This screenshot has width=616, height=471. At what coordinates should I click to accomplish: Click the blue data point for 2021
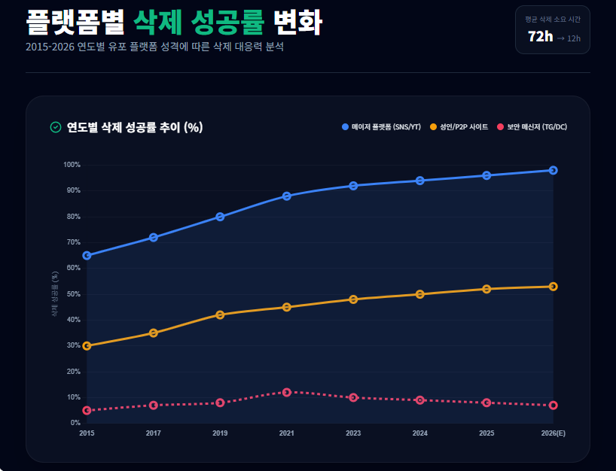click(287, 196)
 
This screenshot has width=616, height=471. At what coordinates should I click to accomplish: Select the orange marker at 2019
click(220, 315)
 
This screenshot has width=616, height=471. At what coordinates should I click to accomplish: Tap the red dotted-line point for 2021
click(287, 392)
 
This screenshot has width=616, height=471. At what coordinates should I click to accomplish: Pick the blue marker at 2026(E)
click(553, 170)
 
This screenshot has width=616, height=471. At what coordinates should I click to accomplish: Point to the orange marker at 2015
click(87, 346)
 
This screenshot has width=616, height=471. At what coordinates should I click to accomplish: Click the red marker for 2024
click(420, 400)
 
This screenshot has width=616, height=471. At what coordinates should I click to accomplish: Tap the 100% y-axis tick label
click(72, 165)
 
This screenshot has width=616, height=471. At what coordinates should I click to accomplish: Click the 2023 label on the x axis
click(353, 433)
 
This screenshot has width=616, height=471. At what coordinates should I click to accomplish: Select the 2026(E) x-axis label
click(553, 433)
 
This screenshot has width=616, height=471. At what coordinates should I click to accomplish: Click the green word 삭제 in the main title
click(158, 23)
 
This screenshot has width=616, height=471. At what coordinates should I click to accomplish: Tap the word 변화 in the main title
click(297, 23)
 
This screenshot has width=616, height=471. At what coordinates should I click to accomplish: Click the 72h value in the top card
click(540, 37)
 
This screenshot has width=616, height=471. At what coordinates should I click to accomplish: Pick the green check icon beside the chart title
click(55, 127)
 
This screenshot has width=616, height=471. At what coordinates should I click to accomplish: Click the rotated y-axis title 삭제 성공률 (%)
click(55, 294)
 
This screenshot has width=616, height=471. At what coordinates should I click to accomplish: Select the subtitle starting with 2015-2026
click(154, 47)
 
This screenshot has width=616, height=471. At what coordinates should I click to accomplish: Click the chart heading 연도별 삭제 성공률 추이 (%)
click(135, 127)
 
